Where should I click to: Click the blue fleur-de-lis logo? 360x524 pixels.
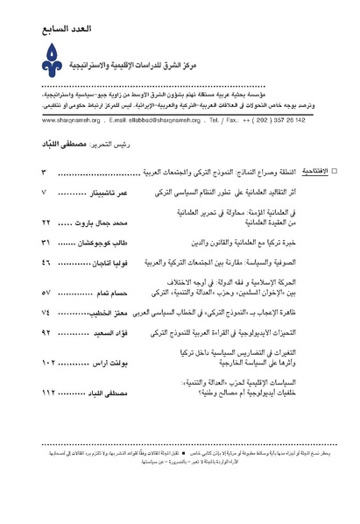[x=39, y=59]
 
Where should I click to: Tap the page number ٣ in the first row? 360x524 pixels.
[x=43, y=164]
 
